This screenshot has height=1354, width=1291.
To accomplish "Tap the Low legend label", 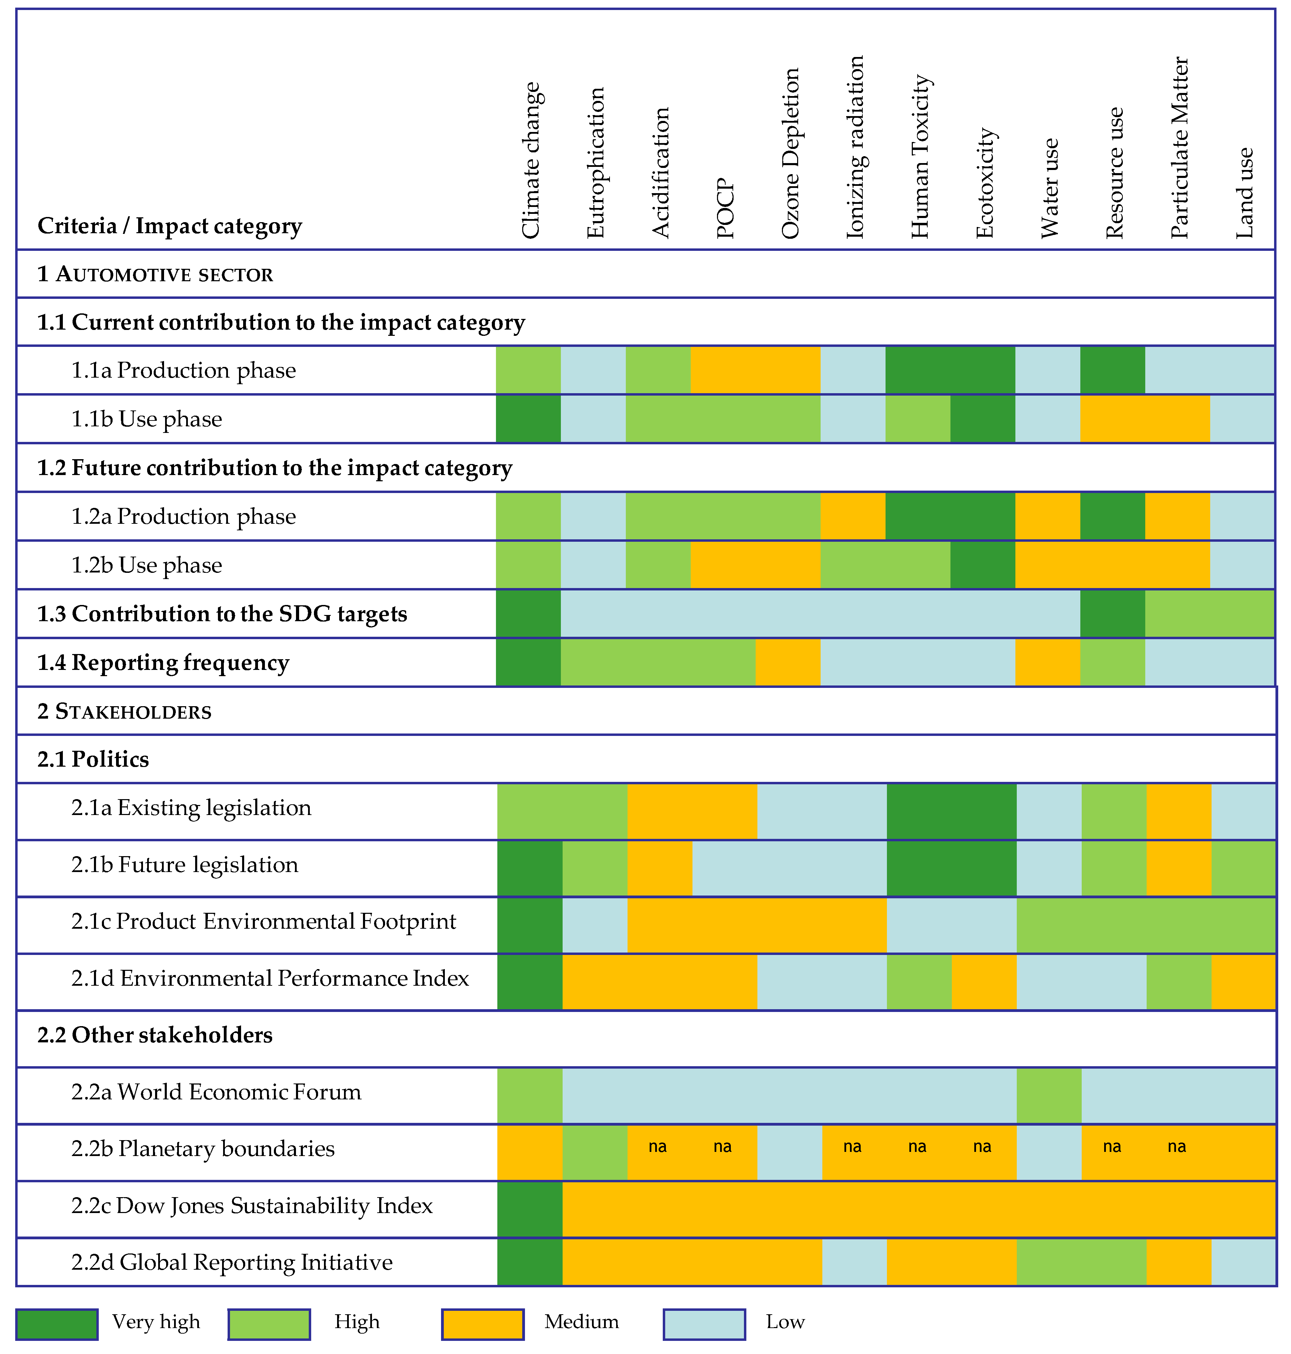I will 785,1322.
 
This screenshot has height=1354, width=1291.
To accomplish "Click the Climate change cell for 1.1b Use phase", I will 528,418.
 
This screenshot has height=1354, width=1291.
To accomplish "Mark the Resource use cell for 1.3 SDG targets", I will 1113,613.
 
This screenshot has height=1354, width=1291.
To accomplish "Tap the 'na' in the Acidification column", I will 658,1146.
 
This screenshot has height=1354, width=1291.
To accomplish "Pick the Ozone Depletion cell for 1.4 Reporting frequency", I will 788,662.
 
